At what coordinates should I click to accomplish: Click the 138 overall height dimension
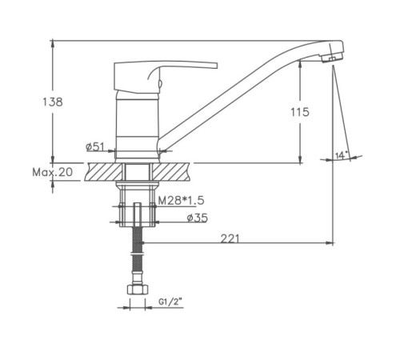point(53,102)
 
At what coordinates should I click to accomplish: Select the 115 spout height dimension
point(300,112)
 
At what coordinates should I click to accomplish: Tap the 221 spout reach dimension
point(230,238)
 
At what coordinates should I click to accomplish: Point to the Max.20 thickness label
point(52,172)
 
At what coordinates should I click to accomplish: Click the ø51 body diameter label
point(94,146)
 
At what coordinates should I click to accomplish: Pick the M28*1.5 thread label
point(181,200)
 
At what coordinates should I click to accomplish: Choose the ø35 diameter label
point(198,218)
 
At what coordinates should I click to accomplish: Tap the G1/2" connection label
point(170,302)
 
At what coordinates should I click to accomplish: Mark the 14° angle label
point(342,155)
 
